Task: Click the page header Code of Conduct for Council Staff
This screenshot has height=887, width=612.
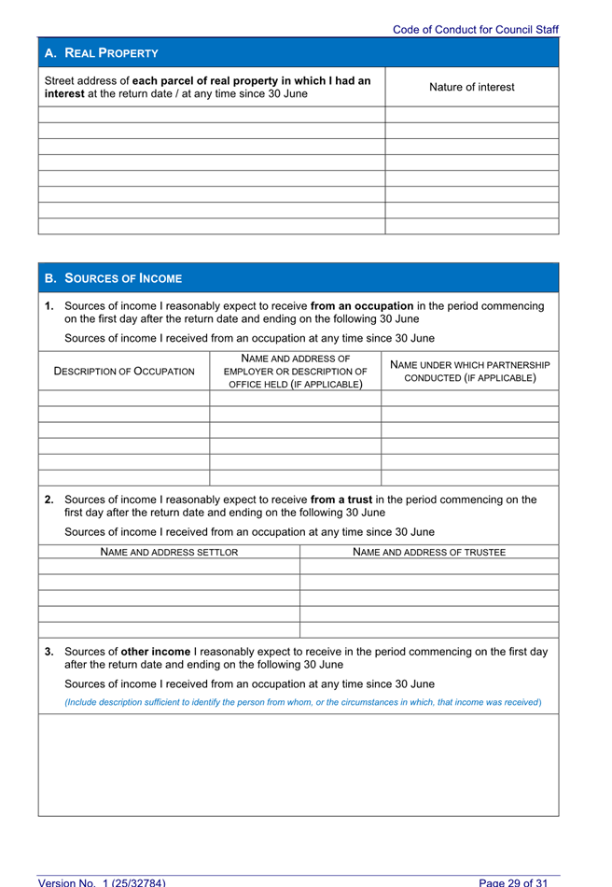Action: coord(475,30)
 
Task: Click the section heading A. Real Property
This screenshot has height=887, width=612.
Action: coord(102,53)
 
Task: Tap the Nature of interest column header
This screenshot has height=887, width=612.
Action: coord(471,87)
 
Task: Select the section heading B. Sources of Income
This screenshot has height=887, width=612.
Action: coord(114,278)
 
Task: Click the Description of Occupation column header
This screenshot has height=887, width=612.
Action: coord(125,372)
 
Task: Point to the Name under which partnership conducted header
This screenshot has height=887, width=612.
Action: coord(469,372)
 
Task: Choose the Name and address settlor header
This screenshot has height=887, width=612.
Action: coord(169,553)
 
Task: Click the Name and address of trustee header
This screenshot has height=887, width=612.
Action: coord(429,553)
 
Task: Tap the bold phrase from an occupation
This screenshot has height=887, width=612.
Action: coord(362,306)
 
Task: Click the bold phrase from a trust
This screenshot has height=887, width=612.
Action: coord(348,500)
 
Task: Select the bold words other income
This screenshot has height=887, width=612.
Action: coord(157,652)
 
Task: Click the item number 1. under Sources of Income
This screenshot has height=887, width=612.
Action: coord(49,306)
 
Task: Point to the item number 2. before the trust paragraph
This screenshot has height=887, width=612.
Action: coord(49,500)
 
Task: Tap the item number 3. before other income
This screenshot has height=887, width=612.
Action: coord(49,652)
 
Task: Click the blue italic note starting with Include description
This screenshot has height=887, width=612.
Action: coord(302,702)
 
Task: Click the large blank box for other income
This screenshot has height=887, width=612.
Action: coord(299,765)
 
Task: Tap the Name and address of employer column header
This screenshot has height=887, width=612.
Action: coord(296,372)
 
